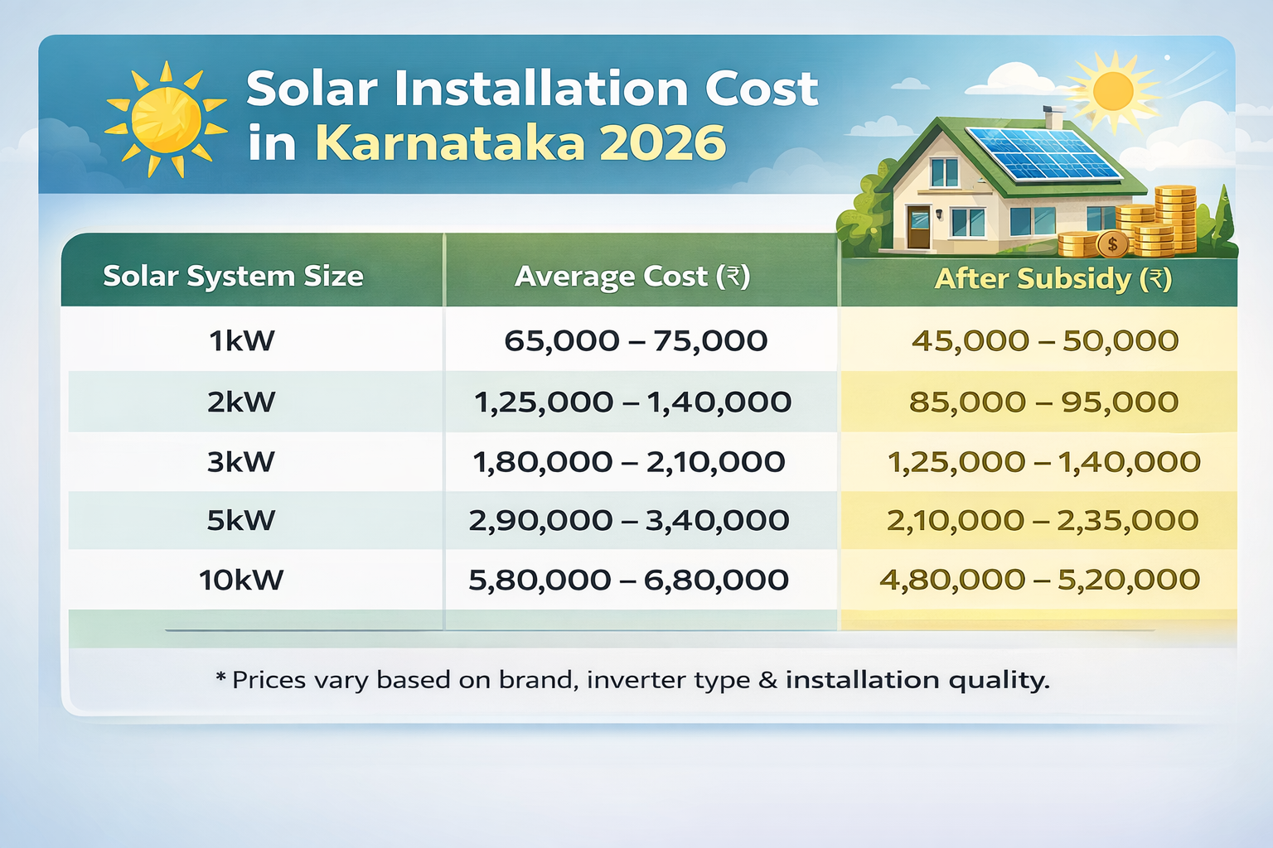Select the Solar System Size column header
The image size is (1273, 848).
pos(233,276)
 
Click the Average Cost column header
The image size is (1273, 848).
pos(632,276)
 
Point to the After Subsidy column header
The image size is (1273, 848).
pos(1053,278)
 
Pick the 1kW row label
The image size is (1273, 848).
pos(241,340)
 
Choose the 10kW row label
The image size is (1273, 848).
pos(241,580)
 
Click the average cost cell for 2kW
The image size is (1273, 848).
pos(632,402)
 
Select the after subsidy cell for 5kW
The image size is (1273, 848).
pos(1043,520)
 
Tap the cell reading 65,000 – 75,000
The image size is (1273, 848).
pos(636,340)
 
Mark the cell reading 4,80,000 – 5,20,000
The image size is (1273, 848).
pos(1039,580)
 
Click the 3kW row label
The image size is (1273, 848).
pos(241,461)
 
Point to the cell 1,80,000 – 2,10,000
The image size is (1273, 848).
pos(629,461)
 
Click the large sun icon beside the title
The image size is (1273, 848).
pos(166,120)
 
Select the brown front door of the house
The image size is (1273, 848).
pos(919,228)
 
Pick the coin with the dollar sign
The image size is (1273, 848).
pos(1112,244)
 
